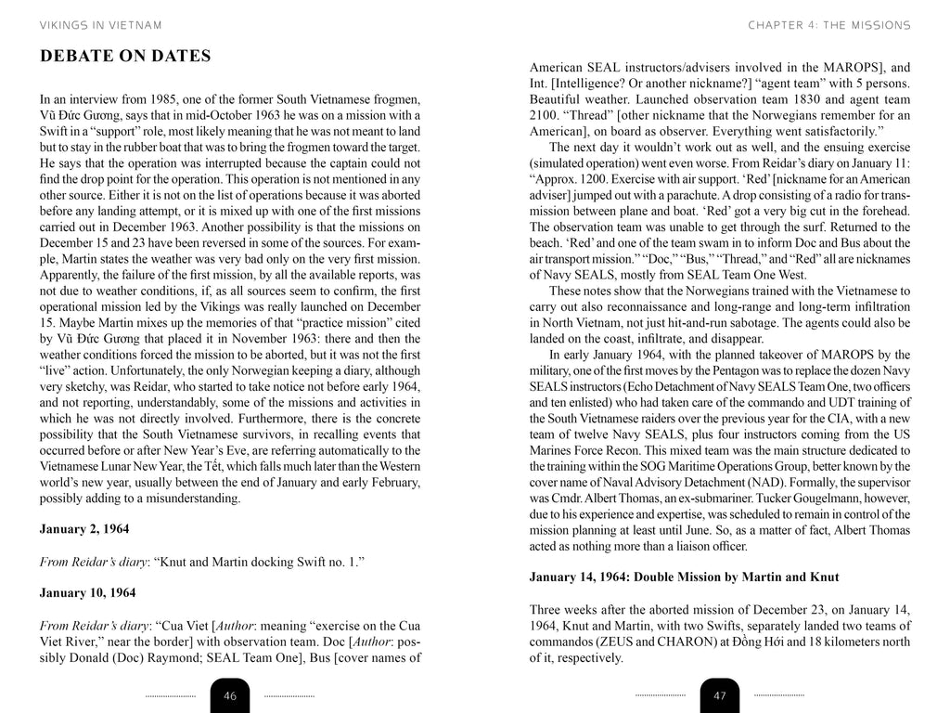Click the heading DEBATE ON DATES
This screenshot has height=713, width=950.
click(125, 57)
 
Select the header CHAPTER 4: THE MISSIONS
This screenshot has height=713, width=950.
click(828, 25)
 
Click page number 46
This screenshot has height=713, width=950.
click(230, 695)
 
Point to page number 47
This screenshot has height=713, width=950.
click(720, 695)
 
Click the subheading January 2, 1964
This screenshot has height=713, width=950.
click(84, 529)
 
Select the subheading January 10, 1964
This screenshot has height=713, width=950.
click(87, 592)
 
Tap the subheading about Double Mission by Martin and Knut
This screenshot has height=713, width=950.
click(684, 577)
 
